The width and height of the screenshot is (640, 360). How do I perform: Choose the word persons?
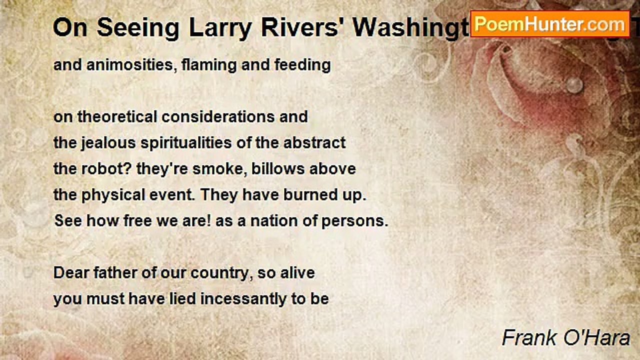356,221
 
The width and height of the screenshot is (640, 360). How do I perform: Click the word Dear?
69,273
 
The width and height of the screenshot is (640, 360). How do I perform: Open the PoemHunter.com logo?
550,24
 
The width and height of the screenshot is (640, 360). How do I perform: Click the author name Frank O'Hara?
565,338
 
